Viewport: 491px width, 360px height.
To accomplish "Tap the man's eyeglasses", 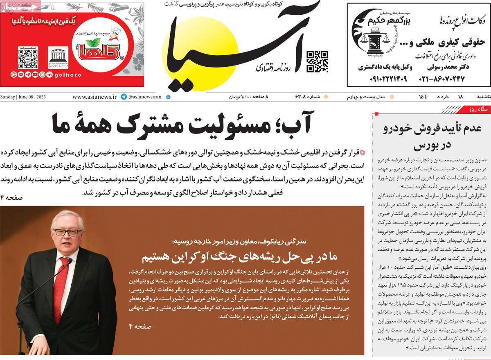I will pyautogui.click(x=67, y=232).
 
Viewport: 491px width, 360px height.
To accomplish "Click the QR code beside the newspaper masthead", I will pyautogui.click(x=317, y=61).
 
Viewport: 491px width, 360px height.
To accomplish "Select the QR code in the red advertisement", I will pyautogui.click(x=28, y=58).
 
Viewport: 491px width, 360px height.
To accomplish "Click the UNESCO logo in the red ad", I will pyautogui.click(x=58, y=58).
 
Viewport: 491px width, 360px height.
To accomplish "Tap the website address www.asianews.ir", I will pyautogui.click(x=94, y=97).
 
